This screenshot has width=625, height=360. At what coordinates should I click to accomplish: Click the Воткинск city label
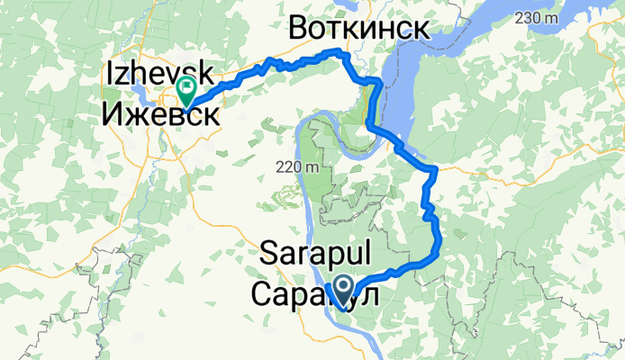point(358,29)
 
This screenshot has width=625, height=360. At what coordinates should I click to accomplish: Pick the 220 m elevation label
point(297,167)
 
